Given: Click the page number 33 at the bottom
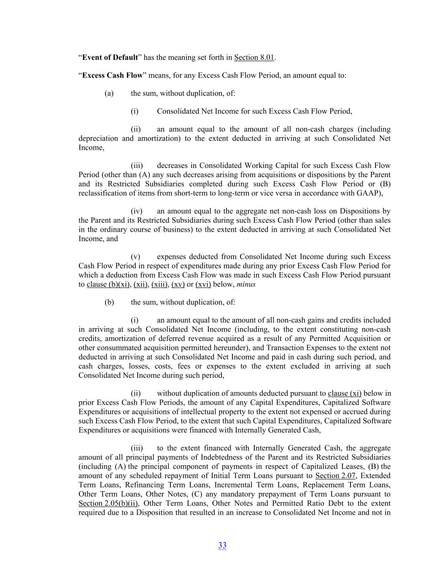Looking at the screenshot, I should [x=222, y=545].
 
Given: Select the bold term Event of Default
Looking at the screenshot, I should [x=110, y=57].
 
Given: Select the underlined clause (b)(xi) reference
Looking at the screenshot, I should [x=108, y=284].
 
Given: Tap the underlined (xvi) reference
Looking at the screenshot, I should [x=203, y=284].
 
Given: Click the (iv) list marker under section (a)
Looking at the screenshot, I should [x=137, y=211].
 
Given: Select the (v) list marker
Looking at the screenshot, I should [x=135, y=257].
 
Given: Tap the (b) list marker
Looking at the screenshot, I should [x=109, y=302].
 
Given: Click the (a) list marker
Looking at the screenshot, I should [x=109, y=93].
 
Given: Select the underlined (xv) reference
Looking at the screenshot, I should [x=178, y=284].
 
